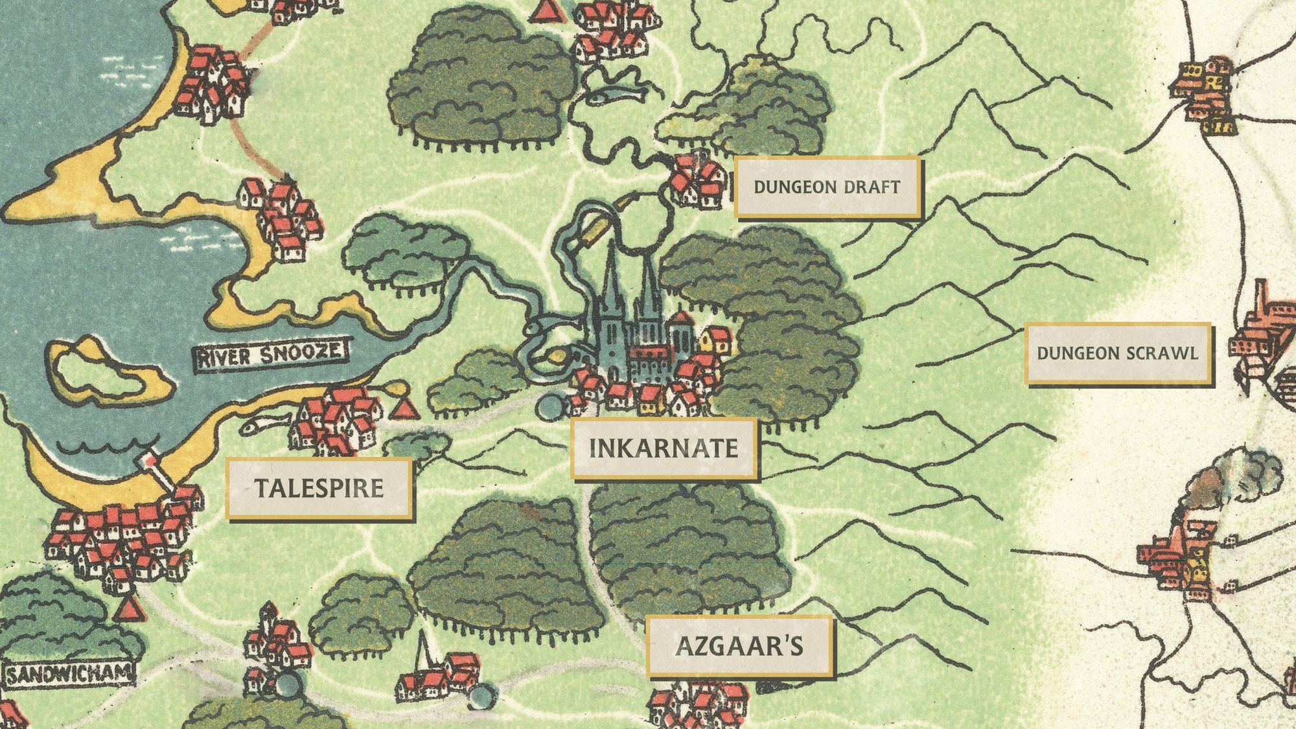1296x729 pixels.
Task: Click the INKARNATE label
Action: coord(664,448)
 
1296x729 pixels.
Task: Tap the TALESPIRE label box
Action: coord(319,488)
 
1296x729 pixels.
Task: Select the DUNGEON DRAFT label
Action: coord(827,187)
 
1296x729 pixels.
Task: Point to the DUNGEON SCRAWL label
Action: coord(1118,353)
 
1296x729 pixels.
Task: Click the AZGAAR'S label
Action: coord(739,646)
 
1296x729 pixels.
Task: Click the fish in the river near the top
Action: coord(616,95)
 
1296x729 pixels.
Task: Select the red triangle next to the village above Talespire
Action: coord(404,408)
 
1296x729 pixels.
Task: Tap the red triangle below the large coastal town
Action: coord(129,608)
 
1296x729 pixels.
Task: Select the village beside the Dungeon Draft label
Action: coord(697,181)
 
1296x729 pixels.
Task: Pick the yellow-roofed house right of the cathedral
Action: coord(715,340)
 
